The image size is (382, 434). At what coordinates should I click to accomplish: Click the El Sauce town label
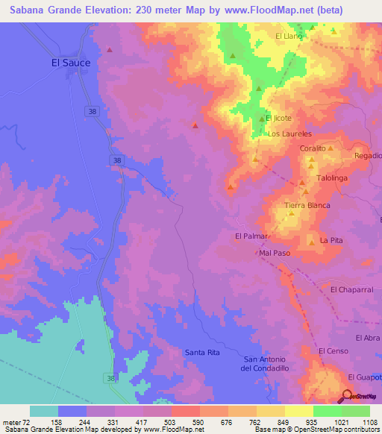coord(71,63)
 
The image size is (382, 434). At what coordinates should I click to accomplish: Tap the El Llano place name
coord(287,36)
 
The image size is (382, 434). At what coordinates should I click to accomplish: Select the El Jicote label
coord(278,119)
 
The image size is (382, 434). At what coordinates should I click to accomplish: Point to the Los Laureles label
coord(289,134)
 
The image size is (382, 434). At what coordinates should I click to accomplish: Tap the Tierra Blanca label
coord(307,205)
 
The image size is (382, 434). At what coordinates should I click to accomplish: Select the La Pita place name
coord(331,241)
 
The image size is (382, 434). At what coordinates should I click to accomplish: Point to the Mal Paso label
coord(275,254)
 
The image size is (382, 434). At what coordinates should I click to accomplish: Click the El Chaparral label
coord(350,289)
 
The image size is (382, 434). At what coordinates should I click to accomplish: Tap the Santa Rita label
coord(202,351)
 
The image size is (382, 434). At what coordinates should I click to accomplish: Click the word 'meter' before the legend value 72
coord(12,423)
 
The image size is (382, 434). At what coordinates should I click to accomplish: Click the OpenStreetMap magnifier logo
coord(348,397)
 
